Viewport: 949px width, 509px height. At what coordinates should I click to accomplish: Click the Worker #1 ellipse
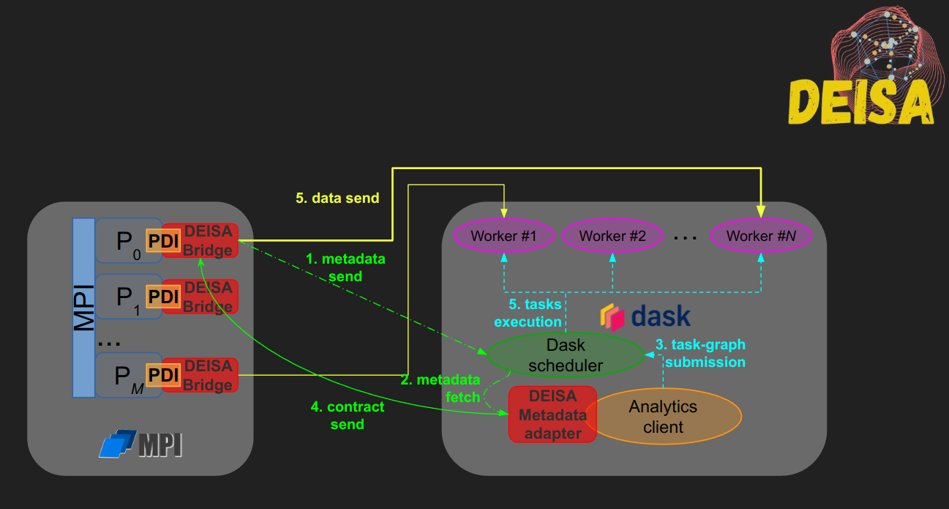point(503,236)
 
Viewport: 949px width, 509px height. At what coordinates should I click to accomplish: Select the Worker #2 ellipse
point(612,236)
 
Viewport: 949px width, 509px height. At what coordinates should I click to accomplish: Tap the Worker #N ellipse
point(761,236)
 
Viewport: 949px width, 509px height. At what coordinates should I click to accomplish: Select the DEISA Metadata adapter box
point(552,415)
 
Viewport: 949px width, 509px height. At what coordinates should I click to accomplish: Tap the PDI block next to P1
point(164,296)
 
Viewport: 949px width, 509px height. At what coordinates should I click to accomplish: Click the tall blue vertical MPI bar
point(83,308)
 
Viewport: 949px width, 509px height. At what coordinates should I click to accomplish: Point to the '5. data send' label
point(337,198)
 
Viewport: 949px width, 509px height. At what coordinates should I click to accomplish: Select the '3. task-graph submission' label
point(700,353)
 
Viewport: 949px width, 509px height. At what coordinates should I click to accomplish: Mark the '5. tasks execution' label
point(528,313)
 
